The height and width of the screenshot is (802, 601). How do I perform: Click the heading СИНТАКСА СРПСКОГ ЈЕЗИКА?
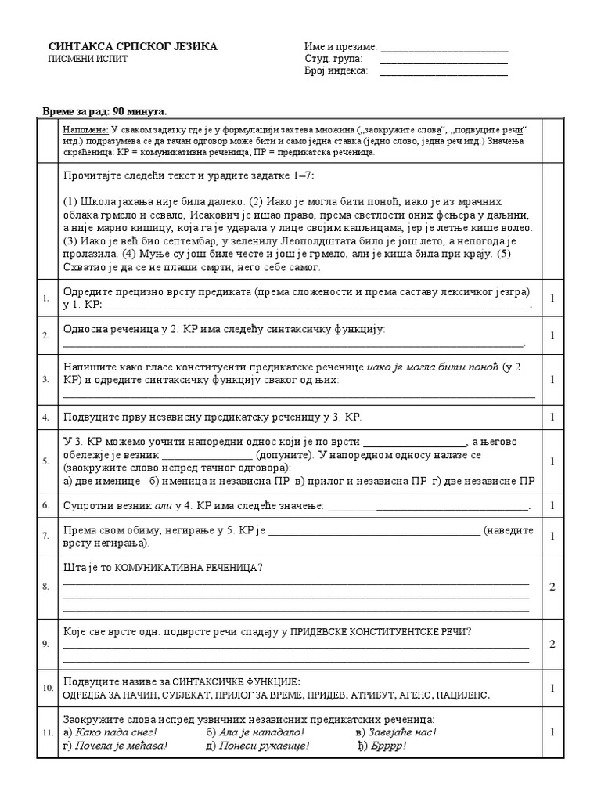click(133, 47)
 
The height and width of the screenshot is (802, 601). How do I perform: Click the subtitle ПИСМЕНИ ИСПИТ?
click(87, 60)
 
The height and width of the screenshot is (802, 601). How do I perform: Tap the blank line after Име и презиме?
click(443, 49)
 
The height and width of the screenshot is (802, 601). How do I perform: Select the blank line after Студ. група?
click(443, 61)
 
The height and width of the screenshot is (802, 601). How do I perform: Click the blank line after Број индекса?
click(443, 74)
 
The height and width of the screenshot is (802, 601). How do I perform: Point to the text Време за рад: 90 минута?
click(104, 112)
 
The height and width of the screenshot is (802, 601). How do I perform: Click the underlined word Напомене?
click(85, 129)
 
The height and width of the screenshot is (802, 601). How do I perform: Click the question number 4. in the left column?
click(46, 417)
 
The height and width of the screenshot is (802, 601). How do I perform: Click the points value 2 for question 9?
click(552, 644)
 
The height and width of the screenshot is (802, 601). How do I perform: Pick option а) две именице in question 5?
click(102, 481)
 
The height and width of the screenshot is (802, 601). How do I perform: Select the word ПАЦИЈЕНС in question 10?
click(459, 695)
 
